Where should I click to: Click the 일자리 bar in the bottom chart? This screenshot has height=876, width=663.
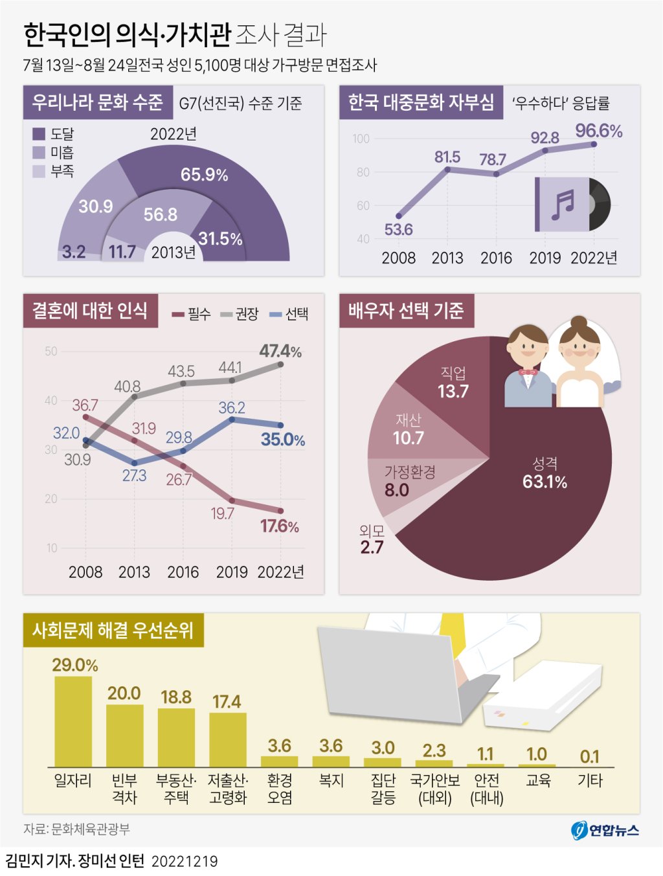click(73, 721)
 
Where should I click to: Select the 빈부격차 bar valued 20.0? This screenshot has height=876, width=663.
click(124, 736)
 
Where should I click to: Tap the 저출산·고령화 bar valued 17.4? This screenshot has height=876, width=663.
click(227, 739)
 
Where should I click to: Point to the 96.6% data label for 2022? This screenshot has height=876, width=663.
click(598, 131)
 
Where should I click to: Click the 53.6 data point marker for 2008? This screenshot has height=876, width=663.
click(399, 216)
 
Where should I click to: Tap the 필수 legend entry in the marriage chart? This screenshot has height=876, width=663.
click(192, 314)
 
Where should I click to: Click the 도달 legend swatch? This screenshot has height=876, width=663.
click(39, 134)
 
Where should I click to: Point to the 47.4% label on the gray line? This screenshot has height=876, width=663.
click(280, 352)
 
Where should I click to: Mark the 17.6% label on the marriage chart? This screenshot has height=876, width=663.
click(280, 526)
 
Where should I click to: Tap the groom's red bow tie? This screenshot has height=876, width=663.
click(528, 372)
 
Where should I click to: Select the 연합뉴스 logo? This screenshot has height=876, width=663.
click(605, 829)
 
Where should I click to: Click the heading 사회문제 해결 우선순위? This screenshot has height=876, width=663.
click(113, 630)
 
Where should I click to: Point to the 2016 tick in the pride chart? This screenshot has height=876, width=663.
click(497, 258)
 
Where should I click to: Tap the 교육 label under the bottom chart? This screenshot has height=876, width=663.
click(538, 781)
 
